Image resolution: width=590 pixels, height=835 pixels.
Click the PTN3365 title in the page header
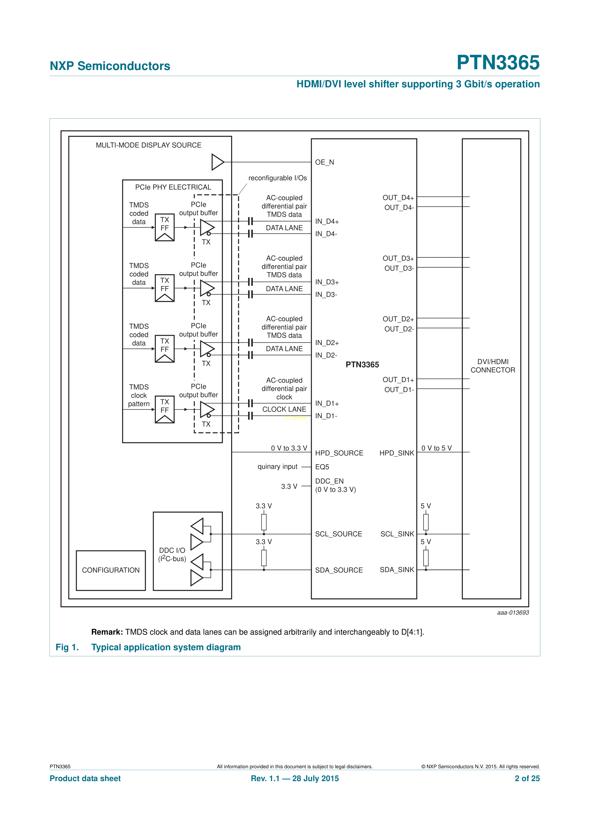click(x=498, y=63)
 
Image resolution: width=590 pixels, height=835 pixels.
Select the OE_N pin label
click(x=324, y=162)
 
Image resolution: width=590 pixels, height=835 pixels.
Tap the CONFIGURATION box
click(x=111, y=570)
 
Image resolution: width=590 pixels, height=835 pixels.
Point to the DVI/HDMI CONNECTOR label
click(x=492, y=366)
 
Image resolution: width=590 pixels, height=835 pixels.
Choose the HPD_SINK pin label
click(x=397, y=453)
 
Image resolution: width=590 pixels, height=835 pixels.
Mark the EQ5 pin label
click(x=322, y=467)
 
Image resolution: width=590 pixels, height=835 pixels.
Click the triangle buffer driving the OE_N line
click(x=217, y=162)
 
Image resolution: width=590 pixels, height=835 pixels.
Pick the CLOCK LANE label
click(x=284, y=410)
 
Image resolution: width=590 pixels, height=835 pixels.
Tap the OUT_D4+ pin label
click(x=398, y=198)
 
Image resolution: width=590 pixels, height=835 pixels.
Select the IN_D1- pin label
click(x=326, y=416)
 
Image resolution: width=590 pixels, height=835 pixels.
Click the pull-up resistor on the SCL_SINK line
click(x=426, y=522)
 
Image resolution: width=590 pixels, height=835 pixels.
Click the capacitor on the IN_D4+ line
click(x=250, y=221)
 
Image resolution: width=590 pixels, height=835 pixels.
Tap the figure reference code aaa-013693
click(x=512, y=613)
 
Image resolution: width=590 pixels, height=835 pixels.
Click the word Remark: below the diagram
click(x=107, y=632)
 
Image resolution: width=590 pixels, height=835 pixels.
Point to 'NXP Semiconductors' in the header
click(x=110, y=66)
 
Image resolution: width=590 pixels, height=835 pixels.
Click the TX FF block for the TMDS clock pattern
click(x=165, y=410)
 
